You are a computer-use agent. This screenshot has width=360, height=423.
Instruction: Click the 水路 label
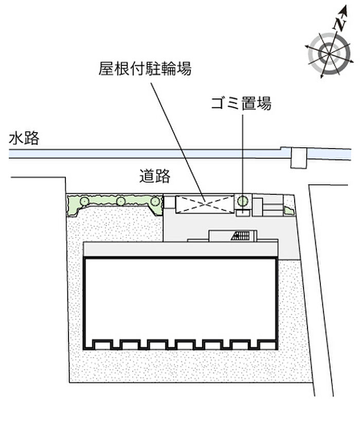click(24, 139)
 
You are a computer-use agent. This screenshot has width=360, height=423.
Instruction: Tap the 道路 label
click(154, 176)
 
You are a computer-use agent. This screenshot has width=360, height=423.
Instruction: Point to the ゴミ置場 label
click(241, 104)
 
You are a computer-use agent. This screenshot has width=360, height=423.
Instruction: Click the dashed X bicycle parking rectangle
click(204, 204)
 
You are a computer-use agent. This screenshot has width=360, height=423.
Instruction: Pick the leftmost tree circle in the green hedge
click(83, 199)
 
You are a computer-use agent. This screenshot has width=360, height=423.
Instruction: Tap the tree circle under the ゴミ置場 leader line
click(243, 199)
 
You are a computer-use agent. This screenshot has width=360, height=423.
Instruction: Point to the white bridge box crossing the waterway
click(298, 157)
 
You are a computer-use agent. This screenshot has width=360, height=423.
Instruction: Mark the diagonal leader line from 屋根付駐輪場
click(175, 134)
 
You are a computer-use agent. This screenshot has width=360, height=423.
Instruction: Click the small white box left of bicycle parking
click(169, 202)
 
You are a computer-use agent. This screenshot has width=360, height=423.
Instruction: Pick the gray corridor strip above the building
click(180, 250)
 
